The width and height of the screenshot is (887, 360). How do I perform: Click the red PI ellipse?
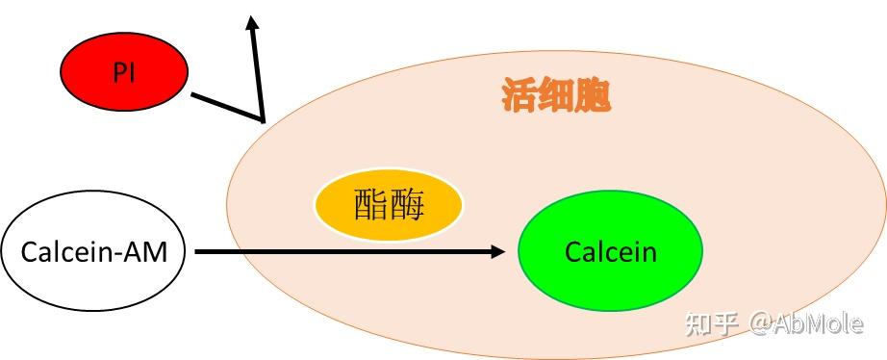124,71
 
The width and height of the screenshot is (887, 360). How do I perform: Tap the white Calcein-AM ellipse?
94,253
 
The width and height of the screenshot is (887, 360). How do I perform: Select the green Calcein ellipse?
610,252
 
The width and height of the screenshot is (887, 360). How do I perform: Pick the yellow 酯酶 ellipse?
389,206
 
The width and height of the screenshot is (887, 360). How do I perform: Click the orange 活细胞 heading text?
556,97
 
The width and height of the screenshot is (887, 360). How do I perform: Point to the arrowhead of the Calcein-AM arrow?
498,252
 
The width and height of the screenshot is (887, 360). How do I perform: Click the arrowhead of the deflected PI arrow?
254,21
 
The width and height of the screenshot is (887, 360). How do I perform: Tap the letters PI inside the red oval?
124,72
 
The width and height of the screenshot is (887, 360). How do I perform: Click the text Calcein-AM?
94,253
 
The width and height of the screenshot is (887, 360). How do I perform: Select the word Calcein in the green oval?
610,253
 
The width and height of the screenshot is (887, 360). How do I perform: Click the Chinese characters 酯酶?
389,206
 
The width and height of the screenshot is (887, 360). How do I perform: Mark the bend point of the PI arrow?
262,120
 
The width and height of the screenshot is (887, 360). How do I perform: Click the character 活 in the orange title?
520,97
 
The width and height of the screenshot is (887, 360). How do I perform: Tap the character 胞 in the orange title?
593,97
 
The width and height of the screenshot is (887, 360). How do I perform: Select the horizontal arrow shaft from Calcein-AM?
346,252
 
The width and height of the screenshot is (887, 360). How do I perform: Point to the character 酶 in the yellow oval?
407,206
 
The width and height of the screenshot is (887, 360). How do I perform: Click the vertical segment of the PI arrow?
258,72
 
